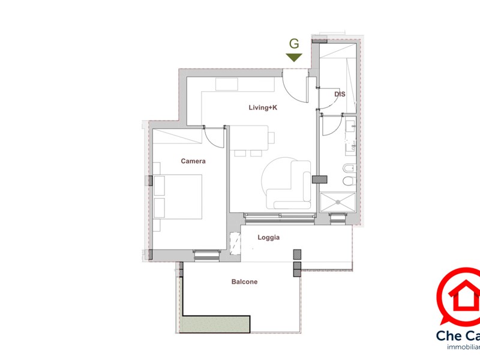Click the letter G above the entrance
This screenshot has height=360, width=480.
coord(294,44)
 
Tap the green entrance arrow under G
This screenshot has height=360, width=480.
coord(294,58)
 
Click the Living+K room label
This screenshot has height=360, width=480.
coord(263,108)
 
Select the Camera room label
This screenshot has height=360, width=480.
coord(193,161)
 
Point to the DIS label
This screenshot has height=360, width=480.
coord(340,94)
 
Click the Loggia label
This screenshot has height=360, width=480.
coord(269,238)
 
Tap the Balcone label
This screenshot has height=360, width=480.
coord(244,282)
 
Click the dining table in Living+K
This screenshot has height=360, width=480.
coord(249,137)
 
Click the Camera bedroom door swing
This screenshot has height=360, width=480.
coord(213,135)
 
